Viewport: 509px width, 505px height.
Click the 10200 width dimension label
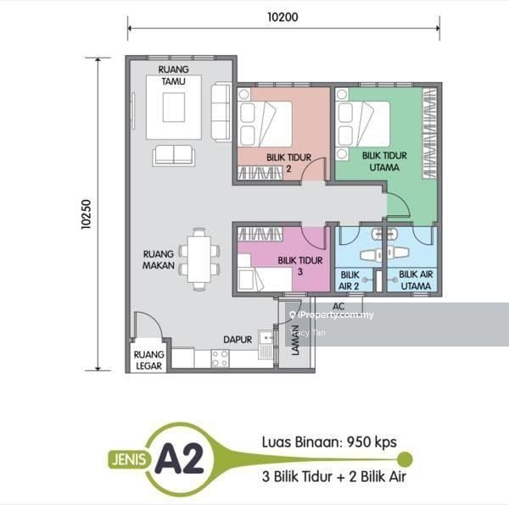282,17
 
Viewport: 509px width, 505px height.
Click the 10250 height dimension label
87,214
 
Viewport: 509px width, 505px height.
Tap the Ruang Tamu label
174,75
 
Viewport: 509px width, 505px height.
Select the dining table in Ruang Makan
199,259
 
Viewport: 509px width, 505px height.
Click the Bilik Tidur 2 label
289,163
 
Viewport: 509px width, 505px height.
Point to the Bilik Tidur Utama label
384,162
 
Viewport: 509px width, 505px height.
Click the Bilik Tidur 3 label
300,266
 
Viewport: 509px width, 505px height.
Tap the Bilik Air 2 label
350,280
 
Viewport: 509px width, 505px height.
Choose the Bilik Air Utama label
416,280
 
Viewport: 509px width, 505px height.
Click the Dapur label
238,340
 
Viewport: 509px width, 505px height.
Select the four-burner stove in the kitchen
220,358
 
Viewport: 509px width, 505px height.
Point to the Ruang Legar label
149,360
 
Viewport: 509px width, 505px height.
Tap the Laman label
295,340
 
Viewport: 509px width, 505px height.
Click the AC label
338,306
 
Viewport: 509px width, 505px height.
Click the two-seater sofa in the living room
174,156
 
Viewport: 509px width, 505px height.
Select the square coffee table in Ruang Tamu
174,108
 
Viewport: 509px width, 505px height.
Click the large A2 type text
179,458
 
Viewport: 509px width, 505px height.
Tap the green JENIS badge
129,459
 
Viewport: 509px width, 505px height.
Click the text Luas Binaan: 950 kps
329,442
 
